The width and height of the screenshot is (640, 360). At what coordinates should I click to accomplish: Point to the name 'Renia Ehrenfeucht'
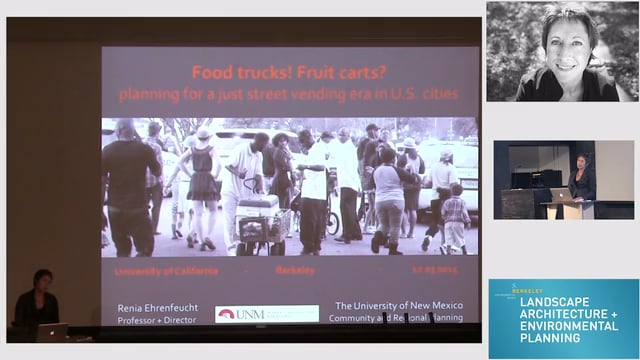coord(157,307)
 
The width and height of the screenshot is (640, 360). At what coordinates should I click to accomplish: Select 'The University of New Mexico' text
coord(397,306)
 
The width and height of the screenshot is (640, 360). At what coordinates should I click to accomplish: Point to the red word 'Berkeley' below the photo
coord(294,270)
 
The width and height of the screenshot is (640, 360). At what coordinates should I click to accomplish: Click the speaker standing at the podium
coord(582,181)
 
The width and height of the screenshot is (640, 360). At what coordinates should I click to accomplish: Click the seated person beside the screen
coord(37,303)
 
